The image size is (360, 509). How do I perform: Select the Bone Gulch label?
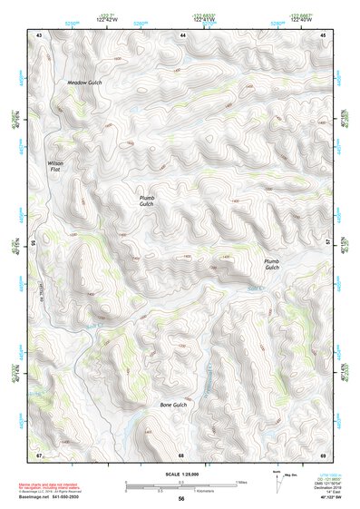click(172, 404)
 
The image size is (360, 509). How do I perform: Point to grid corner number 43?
click(39, 34)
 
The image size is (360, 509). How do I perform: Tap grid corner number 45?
click(322, 34)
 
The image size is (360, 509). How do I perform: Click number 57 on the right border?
click(329, 242)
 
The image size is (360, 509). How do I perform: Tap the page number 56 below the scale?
click(181, 499)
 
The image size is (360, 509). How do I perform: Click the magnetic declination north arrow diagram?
click(277, 480)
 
